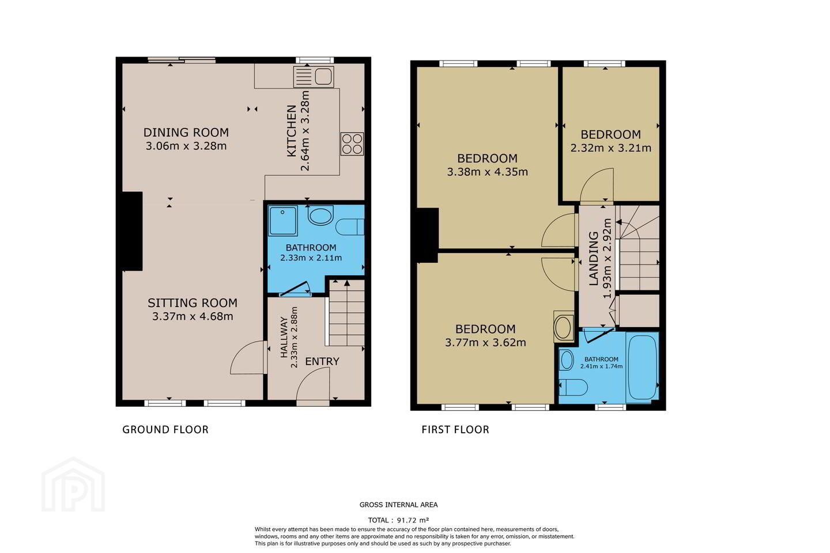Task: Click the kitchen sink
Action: [314, 77]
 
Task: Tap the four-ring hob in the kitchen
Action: [352, 143]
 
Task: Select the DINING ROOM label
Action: [186, 132]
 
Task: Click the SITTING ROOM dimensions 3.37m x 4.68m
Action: [193, 316]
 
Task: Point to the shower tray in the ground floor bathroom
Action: [282, 221]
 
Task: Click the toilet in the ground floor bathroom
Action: [350, 227]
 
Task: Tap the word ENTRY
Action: [322, 361]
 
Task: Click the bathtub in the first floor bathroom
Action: [642, 368]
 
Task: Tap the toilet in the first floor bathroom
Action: [573, 388]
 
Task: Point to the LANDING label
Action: [594, 258]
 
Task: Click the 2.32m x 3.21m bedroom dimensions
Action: [610, 148]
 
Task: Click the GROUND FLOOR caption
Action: [165, 430]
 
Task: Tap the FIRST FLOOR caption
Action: [455, 430]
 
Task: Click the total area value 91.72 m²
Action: [413, 520]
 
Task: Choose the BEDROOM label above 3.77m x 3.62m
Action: [485, 329]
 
